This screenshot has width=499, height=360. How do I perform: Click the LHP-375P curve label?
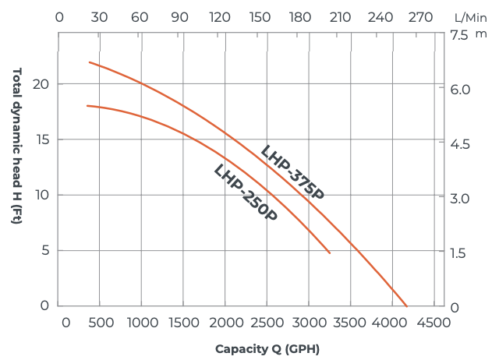coord(292,172)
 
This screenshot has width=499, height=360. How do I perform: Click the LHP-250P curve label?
coord(246,193)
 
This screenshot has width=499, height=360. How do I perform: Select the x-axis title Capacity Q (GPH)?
coord(267,348)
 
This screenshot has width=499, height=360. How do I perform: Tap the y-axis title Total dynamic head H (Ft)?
coord(16,146)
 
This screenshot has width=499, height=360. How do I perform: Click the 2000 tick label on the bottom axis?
coord(225,323)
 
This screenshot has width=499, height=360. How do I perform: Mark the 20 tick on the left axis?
coord(44,84)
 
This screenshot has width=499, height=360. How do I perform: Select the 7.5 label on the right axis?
coord(459,34)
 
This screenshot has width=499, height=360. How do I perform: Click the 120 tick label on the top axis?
coord(221,16)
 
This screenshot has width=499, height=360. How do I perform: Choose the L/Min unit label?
coord(471,16)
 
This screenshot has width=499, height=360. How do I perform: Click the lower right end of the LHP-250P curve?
coord(330,252)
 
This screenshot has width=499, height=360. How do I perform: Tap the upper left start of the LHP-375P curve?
coord(90,62)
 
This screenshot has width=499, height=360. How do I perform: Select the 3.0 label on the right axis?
coord(459,198)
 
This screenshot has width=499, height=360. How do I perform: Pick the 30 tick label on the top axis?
coord(100,16)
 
